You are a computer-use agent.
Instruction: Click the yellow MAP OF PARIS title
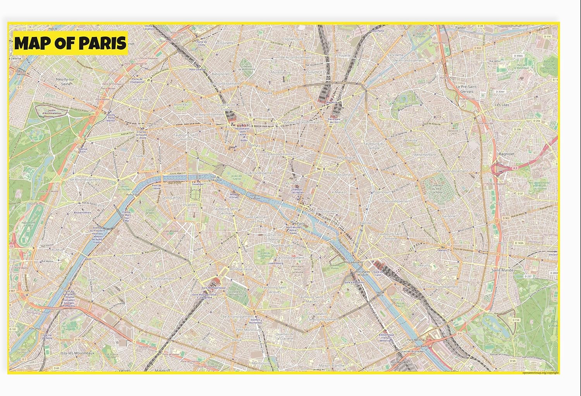70,43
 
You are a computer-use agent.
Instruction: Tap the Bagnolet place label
507,154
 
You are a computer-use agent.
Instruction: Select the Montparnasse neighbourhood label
241,269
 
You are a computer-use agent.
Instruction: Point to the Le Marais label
338,192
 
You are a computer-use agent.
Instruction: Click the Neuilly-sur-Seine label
66,81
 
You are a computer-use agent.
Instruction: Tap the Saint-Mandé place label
502,270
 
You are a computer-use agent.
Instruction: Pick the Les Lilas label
502,105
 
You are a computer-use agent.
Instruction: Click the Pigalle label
267,93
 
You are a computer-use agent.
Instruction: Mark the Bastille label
365,223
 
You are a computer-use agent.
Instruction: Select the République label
346,158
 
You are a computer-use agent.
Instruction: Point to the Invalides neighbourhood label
190,204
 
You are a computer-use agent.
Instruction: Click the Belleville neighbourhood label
411,140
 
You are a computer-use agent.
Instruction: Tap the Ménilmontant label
425,155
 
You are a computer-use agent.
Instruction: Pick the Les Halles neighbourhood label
292,183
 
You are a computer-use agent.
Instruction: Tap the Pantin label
461,28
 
